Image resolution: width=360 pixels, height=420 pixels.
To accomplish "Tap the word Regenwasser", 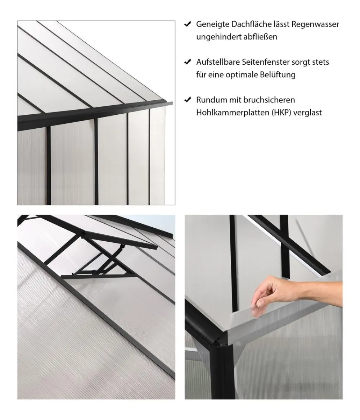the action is coord(315,24).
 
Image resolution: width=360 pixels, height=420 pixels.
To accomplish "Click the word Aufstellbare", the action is coord(218,62).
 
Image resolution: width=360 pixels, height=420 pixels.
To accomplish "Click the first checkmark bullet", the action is coord(187,24).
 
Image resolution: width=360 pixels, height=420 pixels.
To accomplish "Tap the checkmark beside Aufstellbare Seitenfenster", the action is coord(187,62).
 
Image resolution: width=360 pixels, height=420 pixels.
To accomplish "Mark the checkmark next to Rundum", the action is coord(187,100).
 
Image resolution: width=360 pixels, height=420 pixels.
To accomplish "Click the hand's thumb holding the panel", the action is coord(260,303).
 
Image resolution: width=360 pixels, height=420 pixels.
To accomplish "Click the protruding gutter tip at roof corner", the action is coord(171,103).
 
